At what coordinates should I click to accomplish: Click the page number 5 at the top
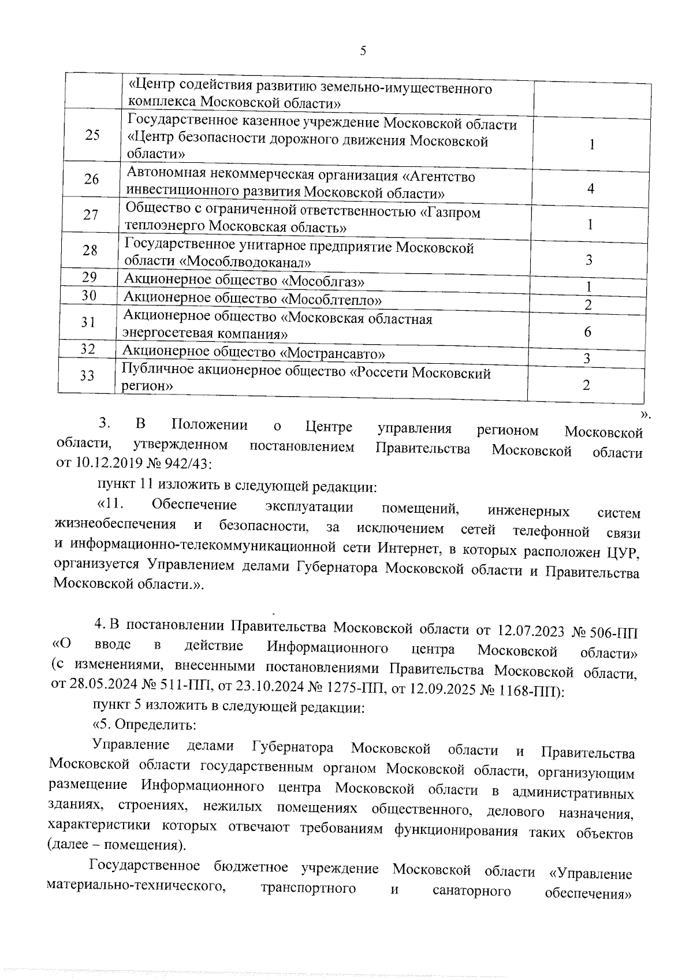tap(363, 51)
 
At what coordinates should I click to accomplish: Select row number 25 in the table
tap(92, 135)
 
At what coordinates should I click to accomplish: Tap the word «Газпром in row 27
tap(450, 213)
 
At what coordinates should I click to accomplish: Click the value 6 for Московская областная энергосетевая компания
tap(588, 331)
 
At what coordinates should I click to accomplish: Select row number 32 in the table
tap(88, 349)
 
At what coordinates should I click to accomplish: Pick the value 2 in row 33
tap(586, 385)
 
